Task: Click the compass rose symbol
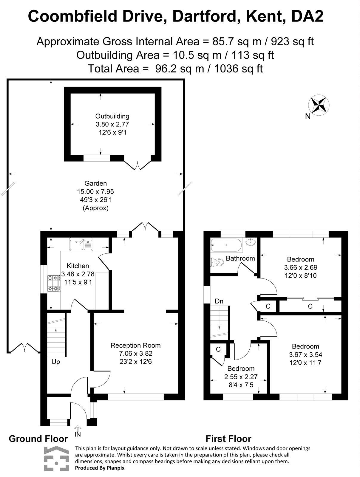(319, 105)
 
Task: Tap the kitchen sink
(81, 244)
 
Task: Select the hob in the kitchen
(53, 284)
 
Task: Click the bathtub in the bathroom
(226, 245)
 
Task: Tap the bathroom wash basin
(251, 241)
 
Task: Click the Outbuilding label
(112, 116)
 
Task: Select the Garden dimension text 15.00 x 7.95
(95, 191)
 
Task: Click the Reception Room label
(135, 345)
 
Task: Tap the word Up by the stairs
(56, 362)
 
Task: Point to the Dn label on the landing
(219, 301)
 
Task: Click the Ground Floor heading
(38, 439)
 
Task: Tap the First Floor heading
(228, 439)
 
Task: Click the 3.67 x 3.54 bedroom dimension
(305, 354)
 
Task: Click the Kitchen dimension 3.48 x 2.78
(78, 274)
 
